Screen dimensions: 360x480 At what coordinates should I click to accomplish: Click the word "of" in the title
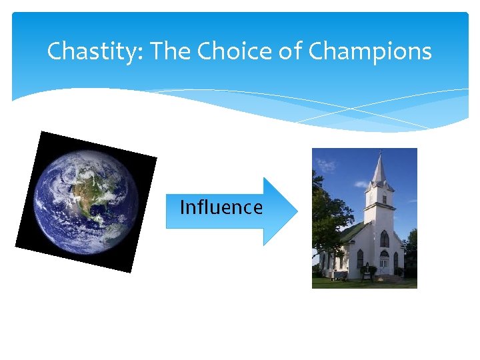pos(291,51)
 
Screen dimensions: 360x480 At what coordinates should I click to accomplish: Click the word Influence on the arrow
pos(221,207)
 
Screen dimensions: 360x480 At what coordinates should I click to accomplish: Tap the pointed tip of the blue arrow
pos(295,211)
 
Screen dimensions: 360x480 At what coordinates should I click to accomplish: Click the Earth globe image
pos(85,201)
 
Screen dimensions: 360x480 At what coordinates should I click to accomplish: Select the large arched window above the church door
pos(384,239)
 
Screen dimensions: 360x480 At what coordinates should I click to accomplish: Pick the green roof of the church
pos(353,233)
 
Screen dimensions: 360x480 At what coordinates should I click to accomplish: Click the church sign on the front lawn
pos(366,271)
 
